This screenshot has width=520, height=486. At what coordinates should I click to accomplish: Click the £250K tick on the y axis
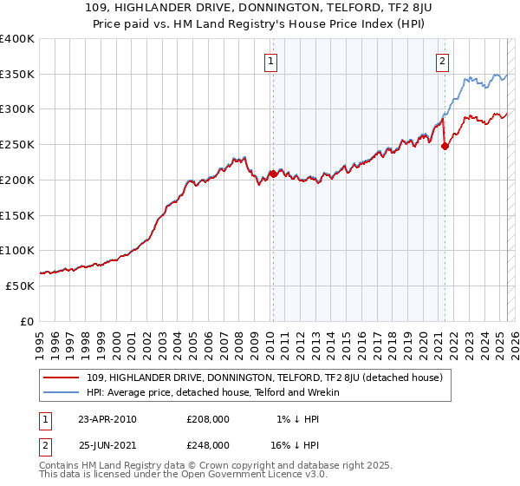coord(17,144)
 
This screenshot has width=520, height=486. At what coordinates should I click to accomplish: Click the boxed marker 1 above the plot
coord(271,61)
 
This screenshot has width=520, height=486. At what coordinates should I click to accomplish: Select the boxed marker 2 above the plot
coord(443,61)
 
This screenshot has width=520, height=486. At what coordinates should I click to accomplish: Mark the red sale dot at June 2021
coord(445,146)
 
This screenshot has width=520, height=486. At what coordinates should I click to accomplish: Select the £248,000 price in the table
coord(207,445)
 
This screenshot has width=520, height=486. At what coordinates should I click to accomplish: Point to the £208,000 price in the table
coord(207,419)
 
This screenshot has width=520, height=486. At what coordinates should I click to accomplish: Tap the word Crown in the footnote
coord(232,465)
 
